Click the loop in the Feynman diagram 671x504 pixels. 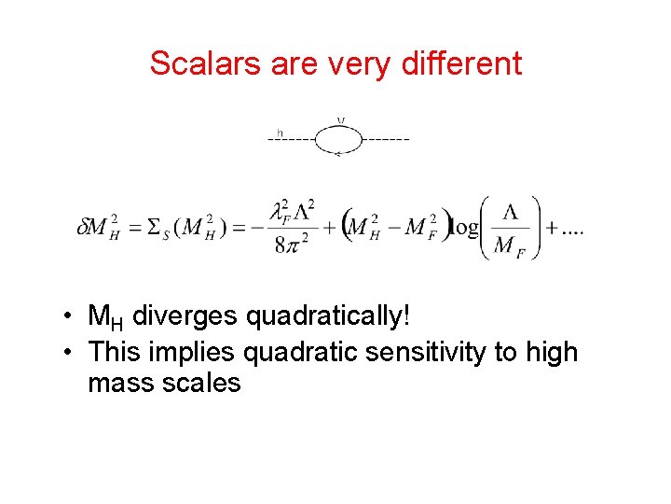(x=338, y=139)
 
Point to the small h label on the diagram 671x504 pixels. (x=281, y=132)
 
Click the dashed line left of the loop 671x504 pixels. (x=291, y=139)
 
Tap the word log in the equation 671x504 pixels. (x=463, y=228)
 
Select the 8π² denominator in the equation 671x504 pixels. (x=294, y=245)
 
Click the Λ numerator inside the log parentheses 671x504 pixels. (x=510, y=213)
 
